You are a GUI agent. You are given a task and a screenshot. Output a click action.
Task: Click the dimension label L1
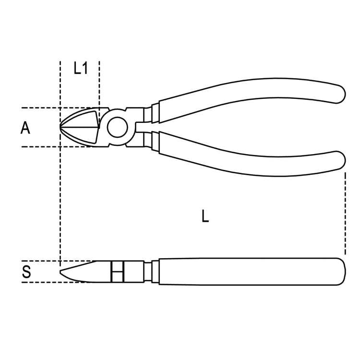click(x=80, y=69)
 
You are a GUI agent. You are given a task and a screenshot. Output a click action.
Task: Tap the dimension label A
click(x=25, y=128)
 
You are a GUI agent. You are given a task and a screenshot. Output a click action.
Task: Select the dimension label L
click(x=205, y=216)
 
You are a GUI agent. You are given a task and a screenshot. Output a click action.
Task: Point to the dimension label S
click(x=27, y=272)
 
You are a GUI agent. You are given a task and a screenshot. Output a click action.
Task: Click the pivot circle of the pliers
click(x=117, y=128)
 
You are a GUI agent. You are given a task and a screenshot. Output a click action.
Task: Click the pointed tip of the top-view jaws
click(x=61, y=127)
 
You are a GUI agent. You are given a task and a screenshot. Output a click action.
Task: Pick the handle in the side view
click(x=250, y=271)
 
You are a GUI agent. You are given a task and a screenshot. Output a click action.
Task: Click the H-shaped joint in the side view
click(x=117, y=272)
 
